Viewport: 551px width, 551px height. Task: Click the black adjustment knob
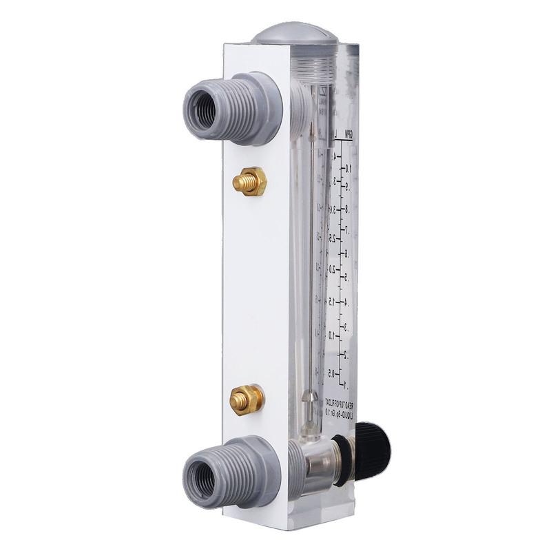click(x=372, y=452)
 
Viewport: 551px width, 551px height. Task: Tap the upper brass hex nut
click(x=249, y=181)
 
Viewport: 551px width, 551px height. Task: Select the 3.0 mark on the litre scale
click(x=333, y=208)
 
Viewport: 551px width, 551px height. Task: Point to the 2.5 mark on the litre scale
click(x=333, y=238)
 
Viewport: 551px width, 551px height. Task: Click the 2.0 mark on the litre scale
click(x=333, y=270)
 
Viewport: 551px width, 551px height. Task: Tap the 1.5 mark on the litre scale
click(x=333, y=302)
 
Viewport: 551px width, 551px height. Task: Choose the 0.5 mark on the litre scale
click(x=332, y=373)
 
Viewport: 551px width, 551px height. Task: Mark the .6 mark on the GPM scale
click(x=348, y=254)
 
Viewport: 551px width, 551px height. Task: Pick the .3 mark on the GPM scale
click(x=347, y=328)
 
